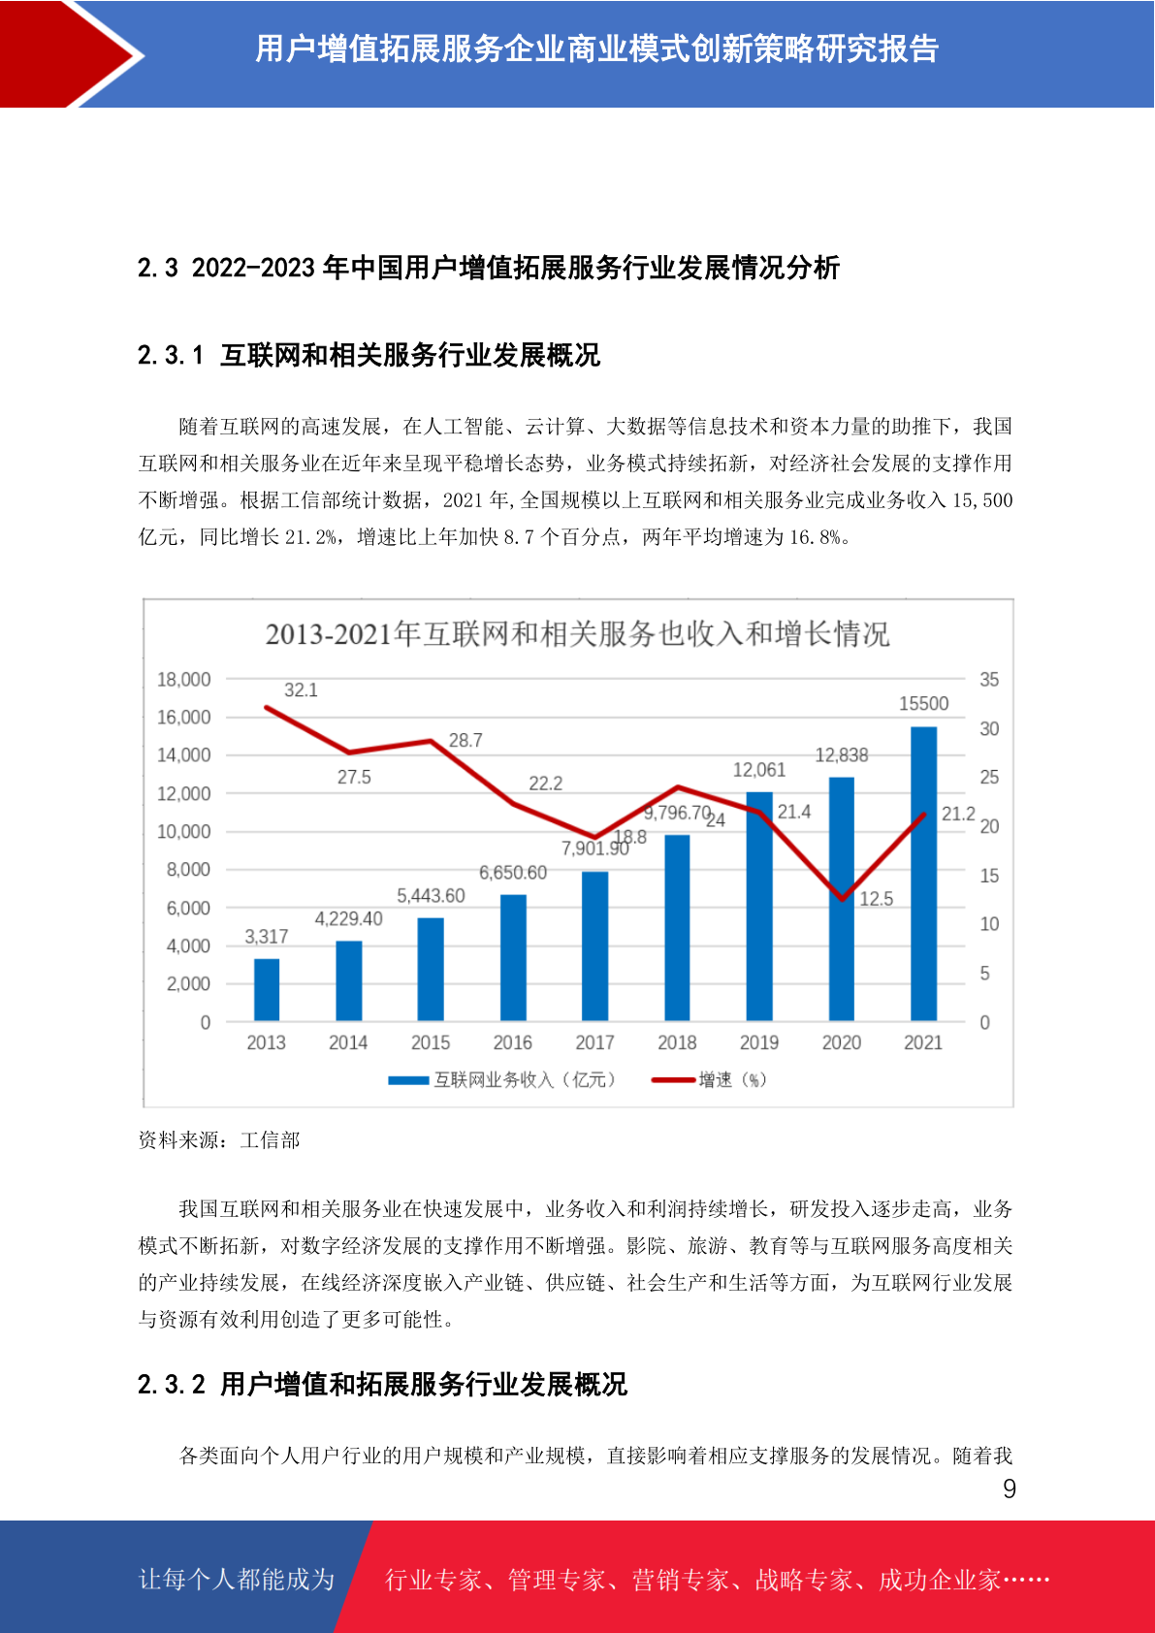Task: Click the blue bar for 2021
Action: [923, 873]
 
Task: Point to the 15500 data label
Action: [923, 704]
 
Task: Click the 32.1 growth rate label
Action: [301, 690]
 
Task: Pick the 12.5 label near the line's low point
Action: [876, 899]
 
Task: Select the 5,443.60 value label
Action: [431, 896]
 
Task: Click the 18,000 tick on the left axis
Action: [183, 680]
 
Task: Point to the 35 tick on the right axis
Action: [988, 680]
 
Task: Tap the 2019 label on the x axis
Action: [758, 1042]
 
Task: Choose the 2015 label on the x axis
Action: [431, 1042]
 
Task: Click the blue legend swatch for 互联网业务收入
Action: [408, 1080]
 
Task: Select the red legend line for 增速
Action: [673, 1080]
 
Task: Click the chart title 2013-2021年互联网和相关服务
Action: [577, 634]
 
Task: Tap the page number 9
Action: [1010, 1489]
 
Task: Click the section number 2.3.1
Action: [171, 356]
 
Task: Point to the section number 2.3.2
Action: [171, 1385]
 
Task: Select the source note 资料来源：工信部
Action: [219, 1140]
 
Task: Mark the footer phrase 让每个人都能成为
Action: [237, 1580]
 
